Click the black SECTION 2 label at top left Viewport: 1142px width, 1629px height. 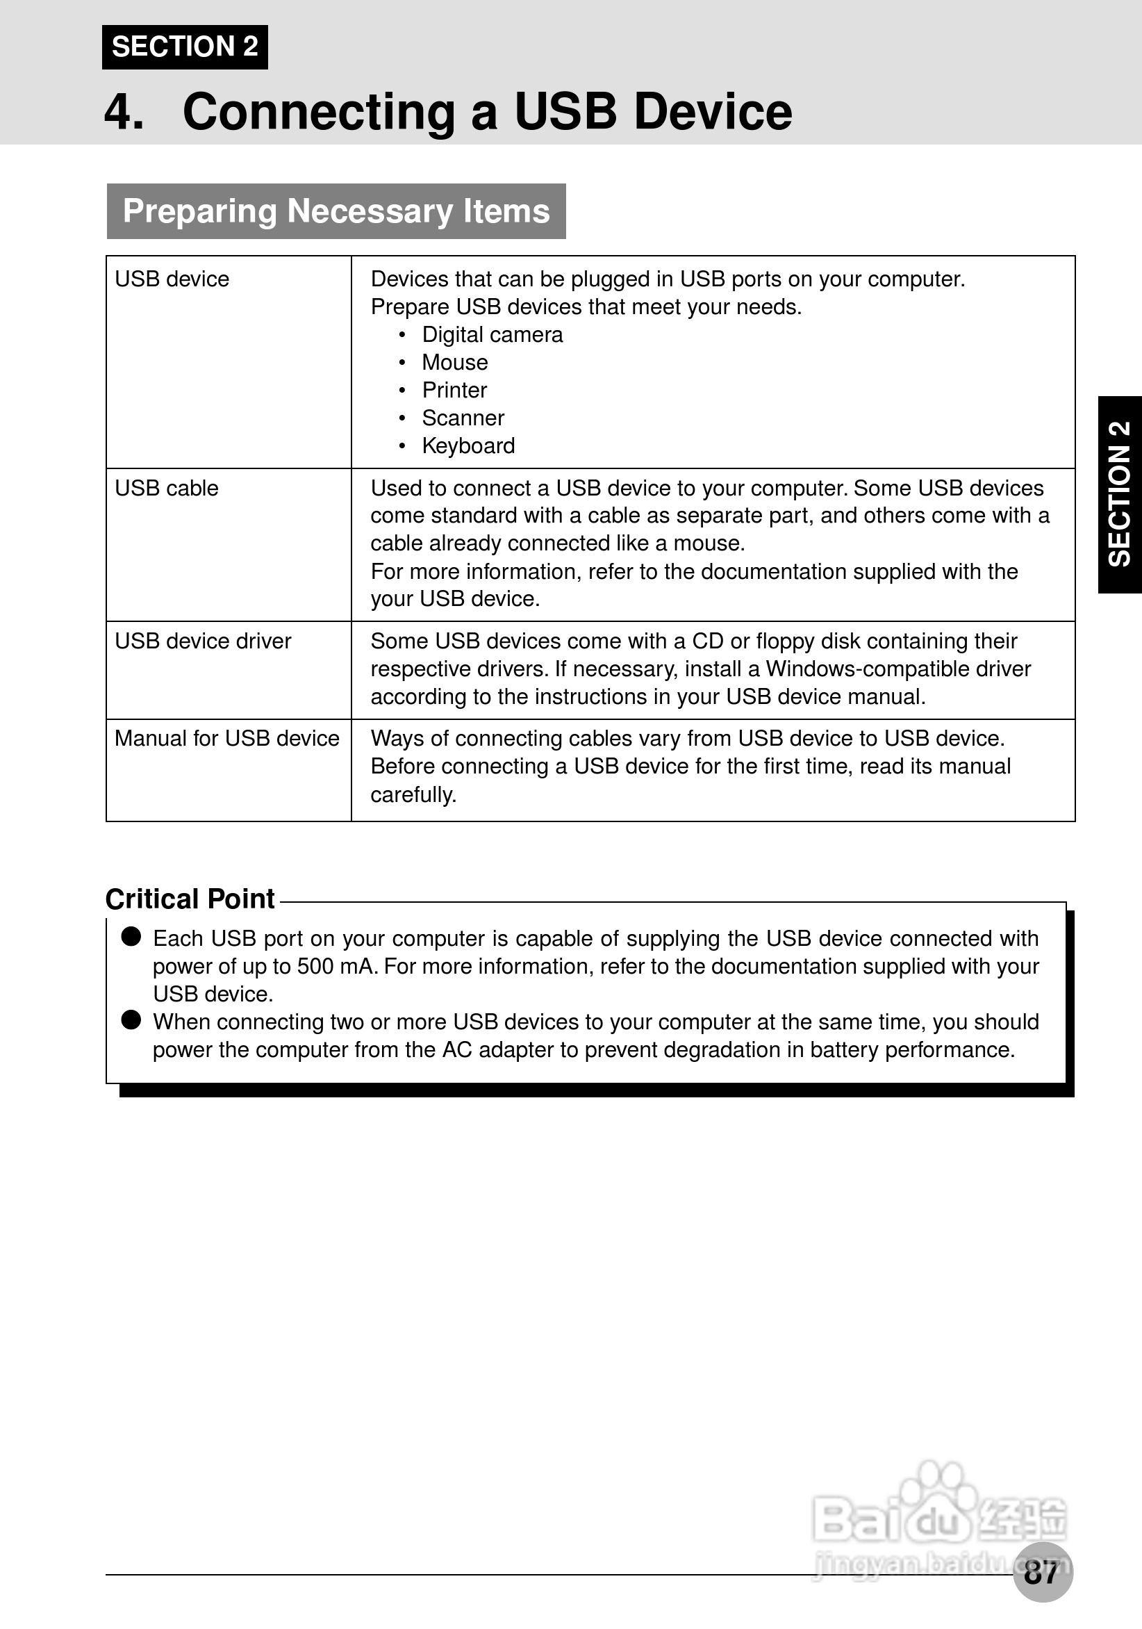(184, 47)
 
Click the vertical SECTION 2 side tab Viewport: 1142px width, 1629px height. (1119, 495)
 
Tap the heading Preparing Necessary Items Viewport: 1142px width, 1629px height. (336, 211)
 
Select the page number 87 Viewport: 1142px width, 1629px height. (1041, 1573)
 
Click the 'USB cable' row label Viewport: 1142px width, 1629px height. (167, 488)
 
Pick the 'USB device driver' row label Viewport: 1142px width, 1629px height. (203, 641)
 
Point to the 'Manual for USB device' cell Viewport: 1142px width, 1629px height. (227, 739)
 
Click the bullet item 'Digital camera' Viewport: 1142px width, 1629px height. (493, 335)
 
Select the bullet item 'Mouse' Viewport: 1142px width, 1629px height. (455, 363)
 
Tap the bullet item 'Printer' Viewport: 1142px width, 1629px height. (455, 390)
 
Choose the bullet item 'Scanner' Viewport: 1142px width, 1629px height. (463, 418)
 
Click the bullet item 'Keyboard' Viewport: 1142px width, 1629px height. (468, 446)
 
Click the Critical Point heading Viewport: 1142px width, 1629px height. (190, 899)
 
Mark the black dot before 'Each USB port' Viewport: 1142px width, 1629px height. (131, 937)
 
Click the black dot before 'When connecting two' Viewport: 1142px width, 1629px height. (131, 1020)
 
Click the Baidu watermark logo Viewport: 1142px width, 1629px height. (940, 1519)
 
